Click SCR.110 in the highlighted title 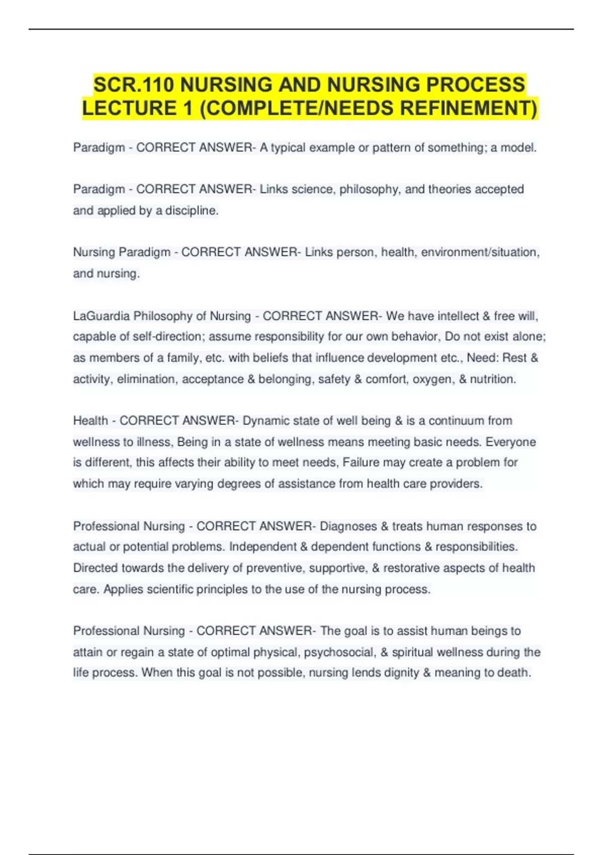(134, 84)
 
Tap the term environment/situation (479, 252)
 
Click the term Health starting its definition (90, 421)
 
